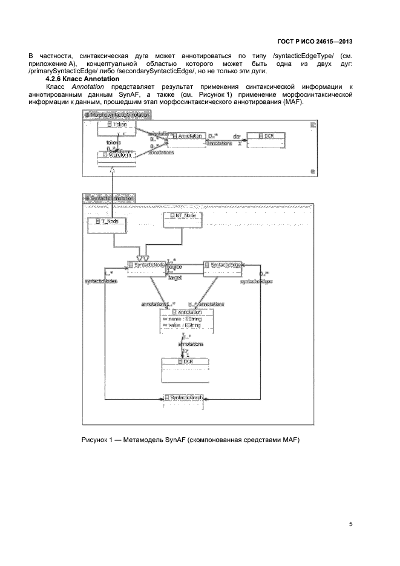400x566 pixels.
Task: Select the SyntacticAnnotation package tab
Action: click(110, 198)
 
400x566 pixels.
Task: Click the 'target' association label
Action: click(175, 278)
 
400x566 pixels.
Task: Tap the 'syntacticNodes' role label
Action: click(100, 281)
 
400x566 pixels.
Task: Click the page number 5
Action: click(351, 524)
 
